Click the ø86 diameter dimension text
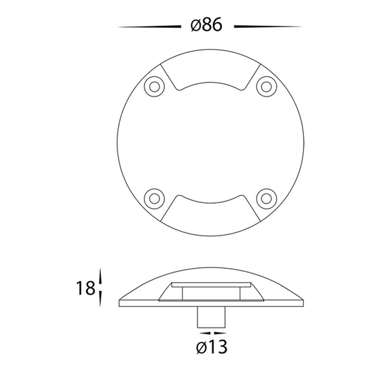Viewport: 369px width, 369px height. click(x=206, y=25)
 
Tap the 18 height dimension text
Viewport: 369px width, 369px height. click(x=85, y=288)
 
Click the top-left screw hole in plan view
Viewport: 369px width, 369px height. click(x=154, y=87)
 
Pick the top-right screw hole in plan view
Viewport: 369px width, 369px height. click(x=266, y=87)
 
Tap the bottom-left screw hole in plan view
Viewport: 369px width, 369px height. click(x=154, y=199)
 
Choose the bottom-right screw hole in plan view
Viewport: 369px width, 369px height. click(x=266, y=199)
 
